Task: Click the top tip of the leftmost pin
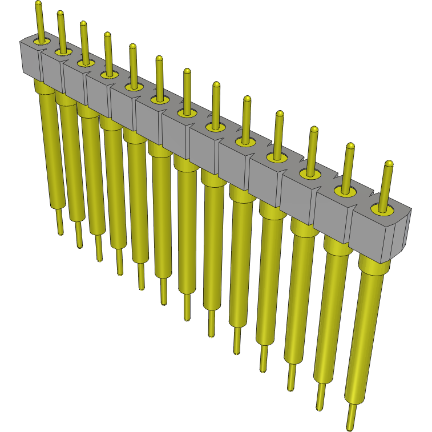pos(38,4)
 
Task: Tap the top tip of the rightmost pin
pos(389,165)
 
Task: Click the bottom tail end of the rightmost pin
pos(350,425)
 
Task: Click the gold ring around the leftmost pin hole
pos(39,42)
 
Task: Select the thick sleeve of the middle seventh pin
pos(185,228)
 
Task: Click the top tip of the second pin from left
pos(60,13)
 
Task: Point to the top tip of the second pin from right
pos(350,147)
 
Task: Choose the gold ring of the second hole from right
pos(345,192)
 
